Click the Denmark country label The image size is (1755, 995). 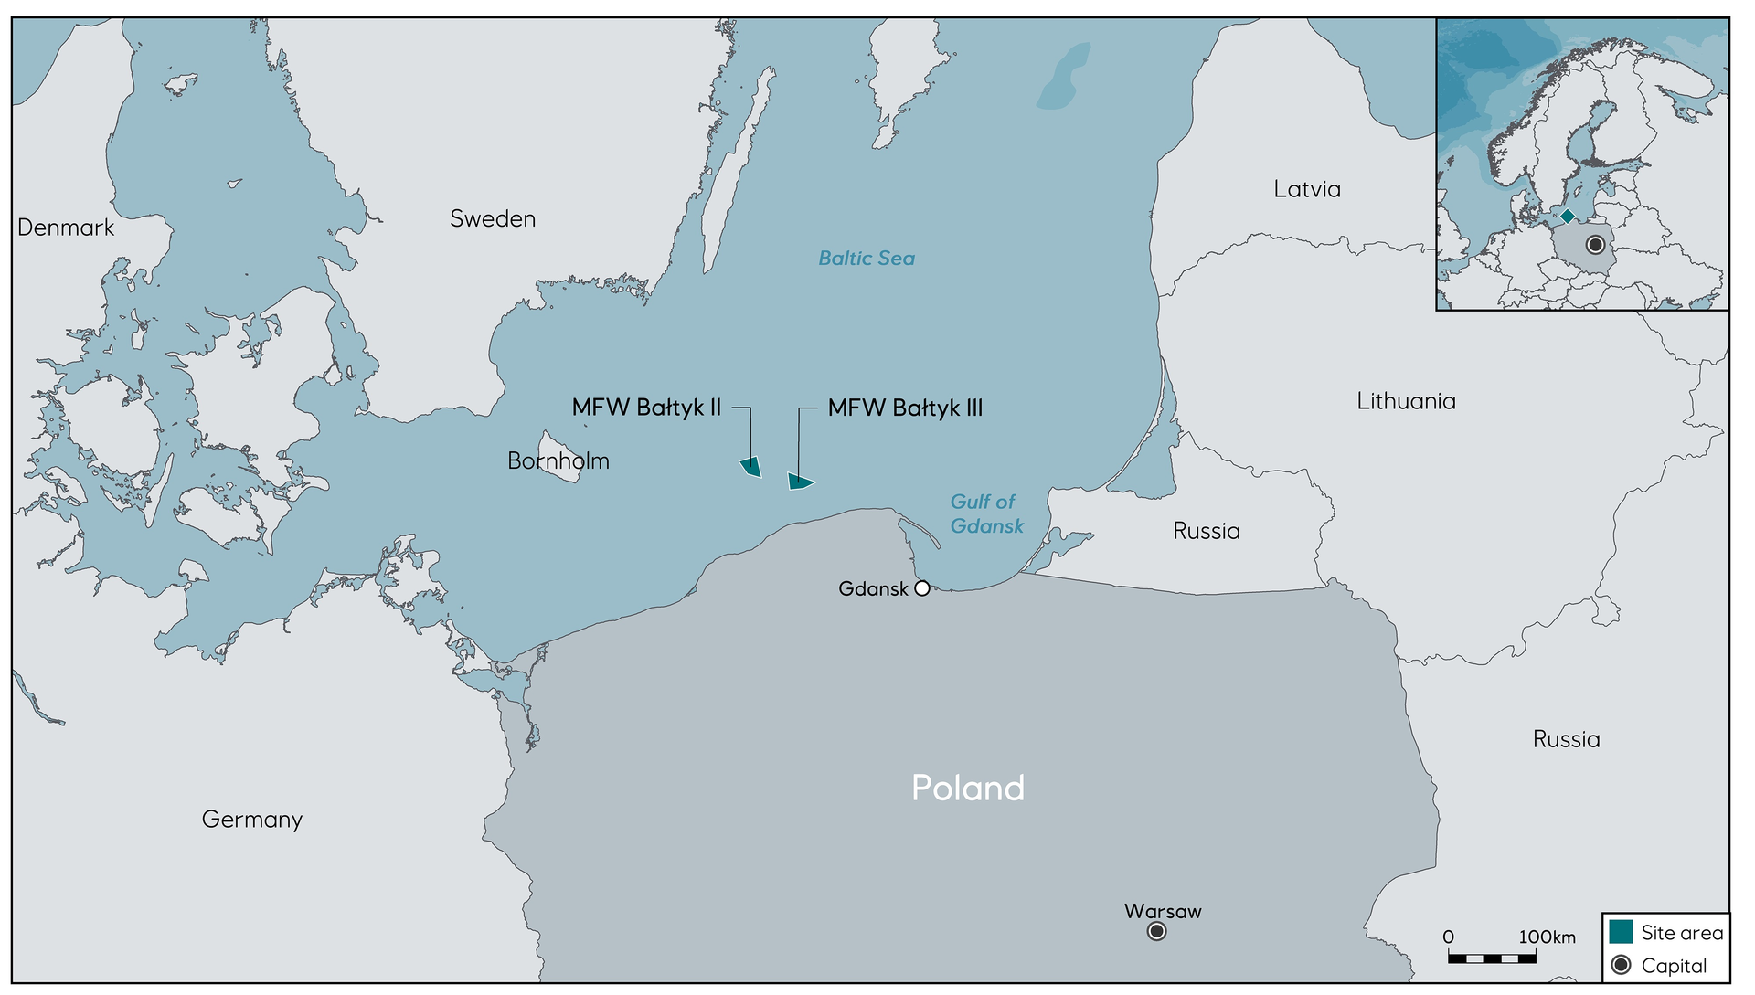(66, 228)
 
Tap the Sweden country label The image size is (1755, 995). (493, 218)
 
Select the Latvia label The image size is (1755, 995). (1307, 189)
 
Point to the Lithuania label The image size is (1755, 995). (1406, 401)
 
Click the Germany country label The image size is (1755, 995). (252, 820)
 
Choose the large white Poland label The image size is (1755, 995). (968, 788)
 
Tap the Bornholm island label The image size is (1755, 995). (558, 460)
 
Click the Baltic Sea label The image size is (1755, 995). (867, 259)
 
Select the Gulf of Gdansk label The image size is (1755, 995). (986, 513)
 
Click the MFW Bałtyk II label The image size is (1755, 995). (646, 408)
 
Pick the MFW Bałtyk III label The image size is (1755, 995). (905, 408)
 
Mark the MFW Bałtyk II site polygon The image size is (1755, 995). (751, 467)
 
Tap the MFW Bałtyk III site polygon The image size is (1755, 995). (800, 482)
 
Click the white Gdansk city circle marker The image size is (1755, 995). (922, 588)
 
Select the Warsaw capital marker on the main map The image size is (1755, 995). (1157, 931)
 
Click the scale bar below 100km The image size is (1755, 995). (1492, 958)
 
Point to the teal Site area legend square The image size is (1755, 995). (1622, 932)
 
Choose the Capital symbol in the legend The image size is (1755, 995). (1622, 965)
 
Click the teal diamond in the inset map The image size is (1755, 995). (1568, 217)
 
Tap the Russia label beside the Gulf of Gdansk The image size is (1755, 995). (1207, 531)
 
